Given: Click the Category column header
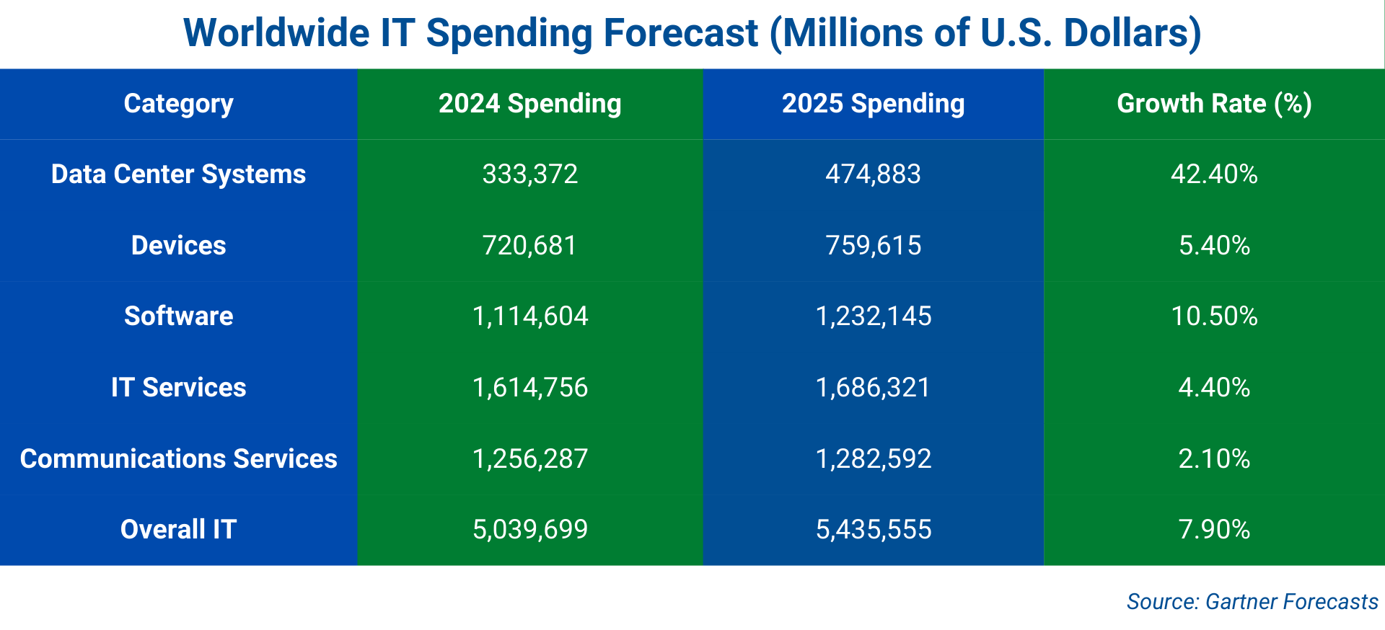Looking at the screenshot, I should point(178,104).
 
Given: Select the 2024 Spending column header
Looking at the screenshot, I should point(529,104).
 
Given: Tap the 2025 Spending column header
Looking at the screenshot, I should point(873,104).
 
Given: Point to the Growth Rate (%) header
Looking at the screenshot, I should point(1214,104).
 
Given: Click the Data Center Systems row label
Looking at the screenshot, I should point(178,174).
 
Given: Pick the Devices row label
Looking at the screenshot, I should point(178,246).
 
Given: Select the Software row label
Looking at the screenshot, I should point(178,316).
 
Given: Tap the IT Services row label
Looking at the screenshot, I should point(178,388).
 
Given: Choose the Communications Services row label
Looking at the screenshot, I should point(178,459).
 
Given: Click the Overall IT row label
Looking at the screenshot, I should point(178,530).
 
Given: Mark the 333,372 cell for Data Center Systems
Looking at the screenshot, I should point(529,174).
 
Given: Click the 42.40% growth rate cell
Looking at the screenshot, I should point(1214,174).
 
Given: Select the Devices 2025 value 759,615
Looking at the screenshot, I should point(873,246).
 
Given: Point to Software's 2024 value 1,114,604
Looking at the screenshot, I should point(529,316).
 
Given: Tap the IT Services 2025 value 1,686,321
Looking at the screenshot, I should point(873,388).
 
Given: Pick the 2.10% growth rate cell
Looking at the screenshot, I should point(1214,459).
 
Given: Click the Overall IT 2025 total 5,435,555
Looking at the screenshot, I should point(873,530).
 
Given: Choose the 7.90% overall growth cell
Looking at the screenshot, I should point(1214,530).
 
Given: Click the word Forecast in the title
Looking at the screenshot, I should point(680,33).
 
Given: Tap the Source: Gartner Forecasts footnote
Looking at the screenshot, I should point(1252,601).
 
